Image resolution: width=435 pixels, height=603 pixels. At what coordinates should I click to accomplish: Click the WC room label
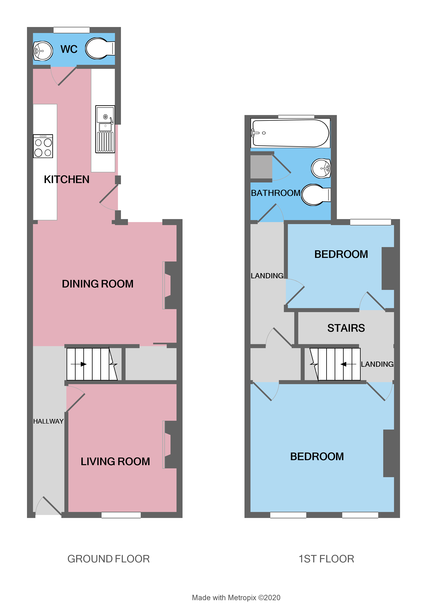[69, 49]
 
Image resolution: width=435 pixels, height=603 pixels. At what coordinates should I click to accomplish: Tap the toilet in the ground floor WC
[99, 48]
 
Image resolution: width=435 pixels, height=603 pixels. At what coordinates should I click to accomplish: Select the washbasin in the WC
[43, 51]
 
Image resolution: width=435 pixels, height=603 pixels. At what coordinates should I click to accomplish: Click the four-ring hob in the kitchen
[43, 146]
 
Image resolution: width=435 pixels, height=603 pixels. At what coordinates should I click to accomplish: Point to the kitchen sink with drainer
[105, 129]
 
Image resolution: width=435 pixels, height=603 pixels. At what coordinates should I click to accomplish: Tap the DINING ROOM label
[98, 284]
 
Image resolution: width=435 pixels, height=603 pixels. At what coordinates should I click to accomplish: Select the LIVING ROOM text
[115, 462]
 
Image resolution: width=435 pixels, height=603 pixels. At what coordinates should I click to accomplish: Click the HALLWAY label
[48, 421]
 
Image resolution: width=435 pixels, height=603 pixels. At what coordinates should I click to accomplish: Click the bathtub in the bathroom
[290, 133]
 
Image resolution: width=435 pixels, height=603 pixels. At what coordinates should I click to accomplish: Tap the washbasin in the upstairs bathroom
[321, 168]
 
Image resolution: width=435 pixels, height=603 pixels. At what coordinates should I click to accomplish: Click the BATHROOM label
[275, 193]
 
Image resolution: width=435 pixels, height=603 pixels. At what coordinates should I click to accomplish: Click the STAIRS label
[346, 328]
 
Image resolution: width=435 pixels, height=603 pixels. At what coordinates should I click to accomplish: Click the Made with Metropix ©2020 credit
[236, 597]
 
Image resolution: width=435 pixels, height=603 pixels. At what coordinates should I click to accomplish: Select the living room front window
[121, 515]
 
